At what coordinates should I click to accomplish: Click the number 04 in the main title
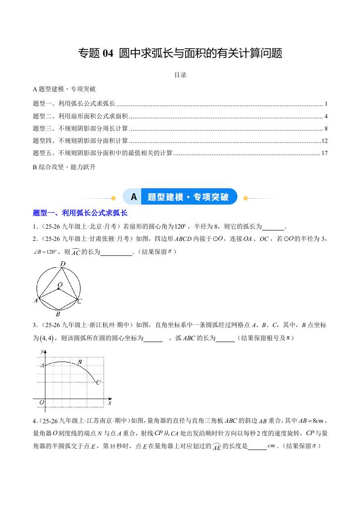pyautogui.click(x=108, y=54)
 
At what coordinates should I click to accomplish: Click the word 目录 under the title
pyautogui.click(x=180, y=75)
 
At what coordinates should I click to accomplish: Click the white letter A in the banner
pyautogui.click(x=133, y=197)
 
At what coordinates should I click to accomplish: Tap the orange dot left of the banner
pyautogui.click(x=113, y=198)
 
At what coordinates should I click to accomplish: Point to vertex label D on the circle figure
pyautogui.click(x=63, y=264)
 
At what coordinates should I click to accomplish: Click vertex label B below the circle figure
pyautogui.click(x=58, y=313)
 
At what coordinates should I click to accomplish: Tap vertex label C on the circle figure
pyautogui.click(x=79, y=301)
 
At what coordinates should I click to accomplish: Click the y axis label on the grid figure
pyautogui.click(x=42, y=351)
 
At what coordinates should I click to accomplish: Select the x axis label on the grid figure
pyautogui.click(x=109, y=402)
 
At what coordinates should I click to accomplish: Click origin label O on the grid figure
pyautogui.click(x=42, y=402)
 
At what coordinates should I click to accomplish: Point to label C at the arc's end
pyautogui.click(x=98, y=383)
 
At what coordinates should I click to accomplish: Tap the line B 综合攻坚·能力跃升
pyautogui.click(x=64, y=166)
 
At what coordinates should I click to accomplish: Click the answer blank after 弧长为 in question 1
pyautogui.click(x=273, y=226)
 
